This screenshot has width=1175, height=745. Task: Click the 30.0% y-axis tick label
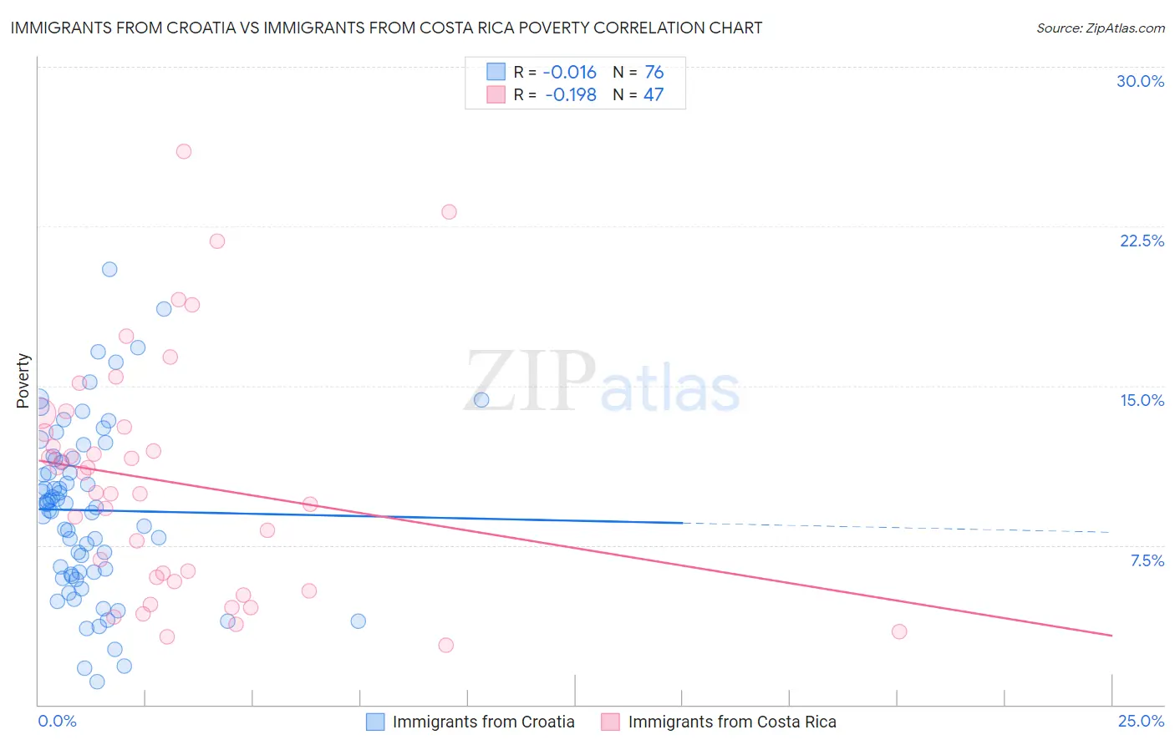[x=1140, y=81]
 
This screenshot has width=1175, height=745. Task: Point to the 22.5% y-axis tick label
[x=1142, y=241]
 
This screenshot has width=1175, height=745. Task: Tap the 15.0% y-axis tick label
[x=1142, y=400]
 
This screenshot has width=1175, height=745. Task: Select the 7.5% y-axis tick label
[x=1147, y=560]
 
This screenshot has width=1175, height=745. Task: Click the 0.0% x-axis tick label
[x=57, y=721]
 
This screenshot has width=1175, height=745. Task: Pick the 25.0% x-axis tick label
[x=1141, y=721]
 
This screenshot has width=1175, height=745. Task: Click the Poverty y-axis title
[x=23, y=380]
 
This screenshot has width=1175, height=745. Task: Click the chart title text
[x=386, y=28]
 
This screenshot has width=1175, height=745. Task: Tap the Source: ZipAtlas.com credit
[x=1100, y=28]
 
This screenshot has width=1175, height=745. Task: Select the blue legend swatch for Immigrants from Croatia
[x=375, y=722]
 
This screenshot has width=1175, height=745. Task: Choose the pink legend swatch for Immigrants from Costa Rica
[x=611, y=722]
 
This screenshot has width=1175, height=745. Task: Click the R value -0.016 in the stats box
[x=570, y=72]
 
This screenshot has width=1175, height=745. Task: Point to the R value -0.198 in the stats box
[x=570, y=94]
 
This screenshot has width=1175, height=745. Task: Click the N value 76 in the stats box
[x=654, y=72]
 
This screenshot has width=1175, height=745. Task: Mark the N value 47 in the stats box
[x=653, y=94]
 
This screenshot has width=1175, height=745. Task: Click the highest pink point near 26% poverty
[x=184, y=151]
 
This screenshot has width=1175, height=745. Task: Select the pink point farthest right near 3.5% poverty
[x=899, y=631]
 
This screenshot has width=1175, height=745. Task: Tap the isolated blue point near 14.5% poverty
[x=481, y=399]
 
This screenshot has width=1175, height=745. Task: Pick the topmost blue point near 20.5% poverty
[x=109, y=269]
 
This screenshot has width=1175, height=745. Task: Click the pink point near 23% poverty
[x=449, y=211]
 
